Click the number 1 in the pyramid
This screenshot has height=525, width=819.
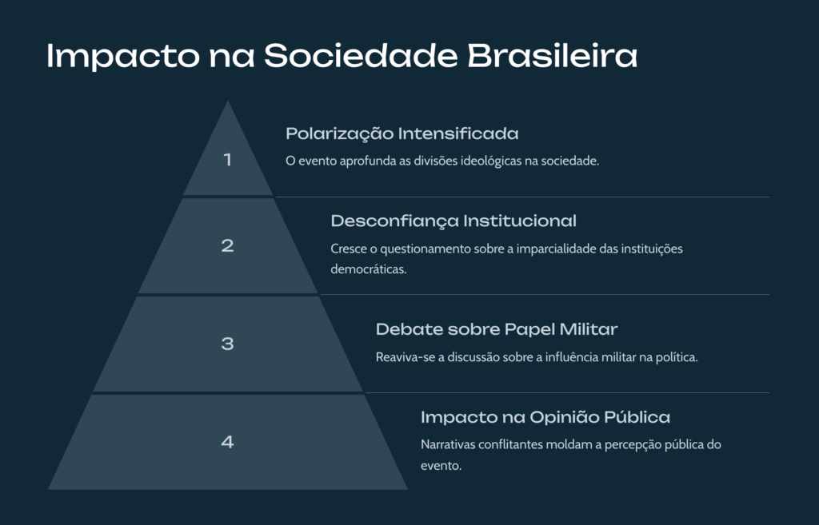[x=227, y=160]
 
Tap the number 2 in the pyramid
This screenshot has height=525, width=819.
[x=227, y=245]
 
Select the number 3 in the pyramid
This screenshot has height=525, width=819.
[x=227, y=344]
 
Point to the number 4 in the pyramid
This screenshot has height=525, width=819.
[x=227, y=442]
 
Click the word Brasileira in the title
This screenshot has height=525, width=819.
[x=552, y=55]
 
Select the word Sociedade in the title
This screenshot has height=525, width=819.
[x=361, y=55]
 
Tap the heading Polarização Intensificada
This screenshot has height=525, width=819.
[x=402, y=133]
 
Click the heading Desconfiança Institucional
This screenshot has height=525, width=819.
[x=453, y=221]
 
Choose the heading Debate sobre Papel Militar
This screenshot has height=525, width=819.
[x=497, y=329]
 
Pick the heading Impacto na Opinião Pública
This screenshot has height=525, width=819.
[x=545, y=417]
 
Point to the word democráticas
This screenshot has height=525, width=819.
[x=369, y=269]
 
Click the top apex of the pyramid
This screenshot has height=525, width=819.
[x=228, y=101]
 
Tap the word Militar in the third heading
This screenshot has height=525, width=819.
[x=589, y=329]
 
